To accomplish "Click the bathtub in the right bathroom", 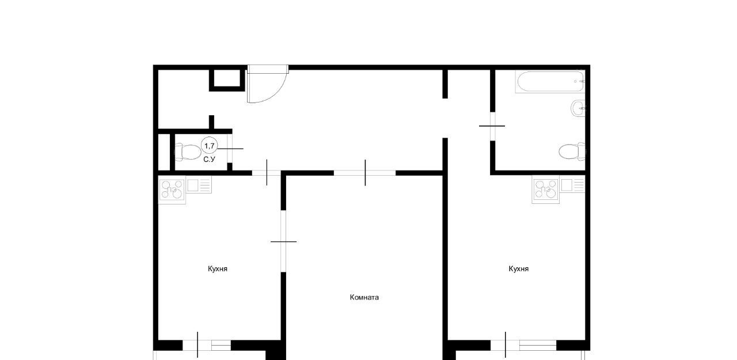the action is [x=550, y=82].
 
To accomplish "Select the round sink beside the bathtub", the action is [x=578, y=108].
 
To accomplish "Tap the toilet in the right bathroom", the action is [x=572, y=151].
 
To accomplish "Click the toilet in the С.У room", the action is [x=188, y=151].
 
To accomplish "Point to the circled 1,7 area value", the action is [x=210, y=146].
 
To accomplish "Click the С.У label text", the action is [x=209, y=160].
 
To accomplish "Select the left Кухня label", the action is [x=218, y=269].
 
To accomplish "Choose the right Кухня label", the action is [x=519, y=269].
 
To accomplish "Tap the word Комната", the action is [x=364, y=297].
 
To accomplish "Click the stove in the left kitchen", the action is [x=172, y=190].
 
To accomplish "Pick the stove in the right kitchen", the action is [x=546, y=190].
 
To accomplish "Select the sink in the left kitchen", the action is [x=199, y=185].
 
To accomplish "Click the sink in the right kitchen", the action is [x=573, y=185].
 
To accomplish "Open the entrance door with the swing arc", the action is [x=268, y=84].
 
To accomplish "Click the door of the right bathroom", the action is [x=492, y=126].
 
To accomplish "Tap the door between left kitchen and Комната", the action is [x=283, y=241].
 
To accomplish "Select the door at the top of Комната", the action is [x=365, y=173].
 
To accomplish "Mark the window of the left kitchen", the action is [x=207, y=345].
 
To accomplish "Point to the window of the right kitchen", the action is [x=523, y=345].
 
